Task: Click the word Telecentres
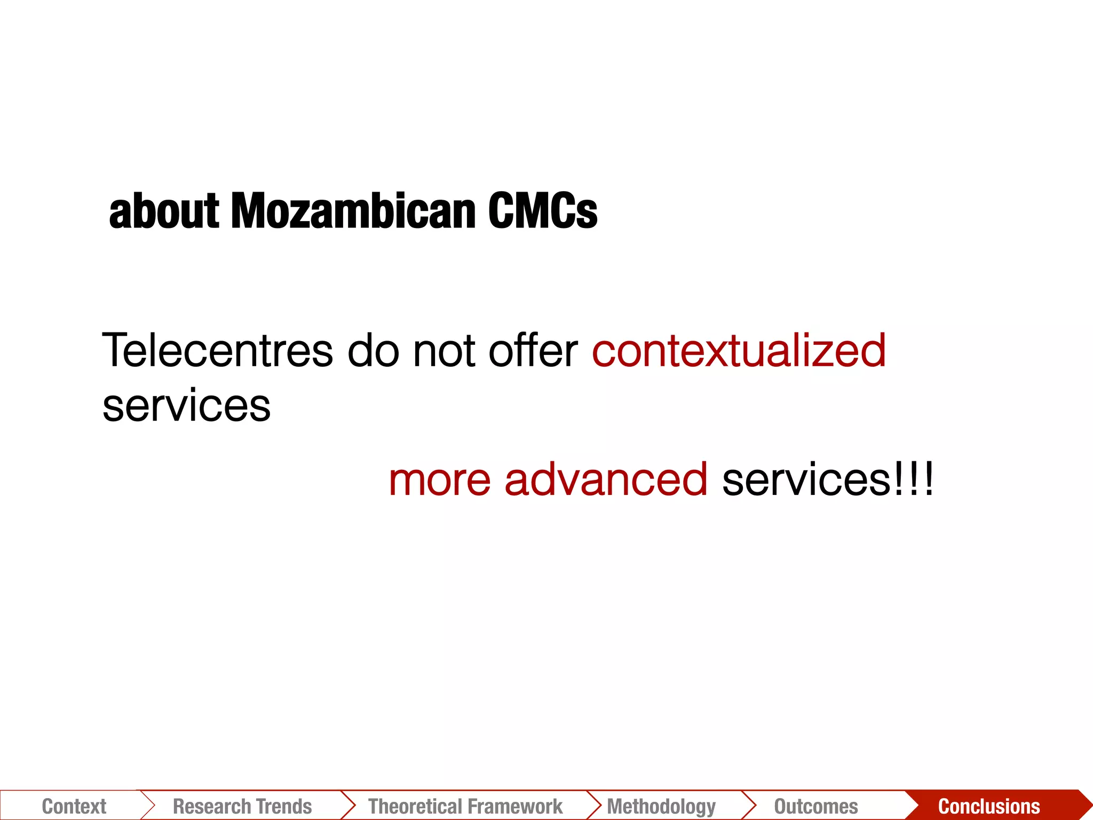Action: pyautogui.click(x=217, y=351)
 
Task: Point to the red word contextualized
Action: pyautogui.click(x=739, y=351)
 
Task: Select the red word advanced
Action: pyautogui.click(x=606, y=479)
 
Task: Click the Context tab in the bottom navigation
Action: pyautogui.click(x=74, y=806)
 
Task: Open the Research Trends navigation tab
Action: pyautogui.click(x=242, y=806)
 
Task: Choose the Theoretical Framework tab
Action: pyautogui.click(x=465, y=806)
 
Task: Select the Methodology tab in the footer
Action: pyautogui.click(x=661, y=806)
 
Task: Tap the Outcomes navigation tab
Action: pyautogui.click(x=816, y=806)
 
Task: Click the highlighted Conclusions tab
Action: pyautogui.click(x=989, y=806)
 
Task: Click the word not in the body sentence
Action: pyautogui.click(x=443, y=351)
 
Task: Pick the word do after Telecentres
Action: pyautogui.click(x=373, y=351)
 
